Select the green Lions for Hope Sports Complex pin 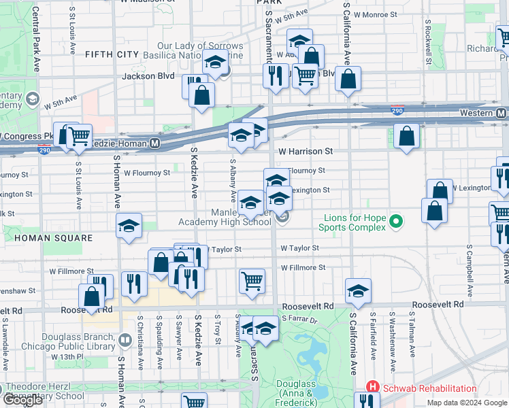395,221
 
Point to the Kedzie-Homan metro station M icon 155,143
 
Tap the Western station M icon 501,112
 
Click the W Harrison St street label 306,151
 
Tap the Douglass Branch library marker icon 125,339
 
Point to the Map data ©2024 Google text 466,403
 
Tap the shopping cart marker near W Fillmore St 252,281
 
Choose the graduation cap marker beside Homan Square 129,226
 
